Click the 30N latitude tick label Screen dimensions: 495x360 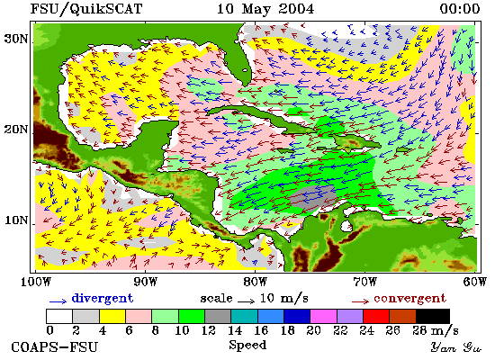15,40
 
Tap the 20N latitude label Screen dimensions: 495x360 15,130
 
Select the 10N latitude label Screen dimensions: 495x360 15,220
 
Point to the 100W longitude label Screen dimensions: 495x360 36,282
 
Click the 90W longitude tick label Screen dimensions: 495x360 145,282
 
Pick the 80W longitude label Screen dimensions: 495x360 255,282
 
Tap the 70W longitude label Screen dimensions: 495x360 364,282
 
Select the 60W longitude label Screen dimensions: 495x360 475,282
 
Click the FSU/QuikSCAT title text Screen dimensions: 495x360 86,9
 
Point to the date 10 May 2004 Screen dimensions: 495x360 265,9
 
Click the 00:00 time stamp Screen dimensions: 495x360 460,9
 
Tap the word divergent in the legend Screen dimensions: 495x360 103,299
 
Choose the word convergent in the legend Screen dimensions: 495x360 409,299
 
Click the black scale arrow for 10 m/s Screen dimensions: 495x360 246,301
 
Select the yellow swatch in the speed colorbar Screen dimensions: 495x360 112,316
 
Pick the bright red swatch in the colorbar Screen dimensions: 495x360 376,316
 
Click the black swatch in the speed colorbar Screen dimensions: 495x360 433,316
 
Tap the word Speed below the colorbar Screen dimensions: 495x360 247,345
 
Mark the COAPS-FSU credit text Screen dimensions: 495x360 55,347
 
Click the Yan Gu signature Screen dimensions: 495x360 455,347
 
